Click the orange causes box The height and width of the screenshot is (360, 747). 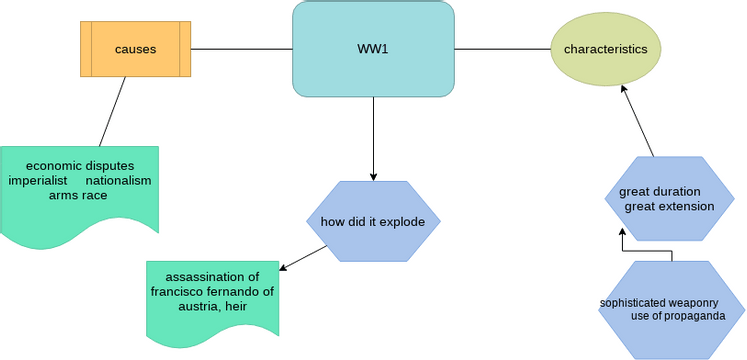coord(135,49)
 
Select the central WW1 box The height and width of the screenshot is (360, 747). coord(373,49)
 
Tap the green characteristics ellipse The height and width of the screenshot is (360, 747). coord(605,49)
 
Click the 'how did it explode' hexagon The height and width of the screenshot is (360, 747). coord(372,221)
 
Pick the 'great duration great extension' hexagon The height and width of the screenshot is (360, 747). coord(668,199)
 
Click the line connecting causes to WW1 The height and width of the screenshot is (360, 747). coord(241,49)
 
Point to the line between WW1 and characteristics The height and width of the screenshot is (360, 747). coord(502,49)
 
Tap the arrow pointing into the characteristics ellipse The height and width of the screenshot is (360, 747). coord(638,121)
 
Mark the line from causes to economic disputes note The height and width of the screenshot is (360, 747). coord(112,111)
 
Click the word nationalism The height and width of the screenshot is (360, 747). coord(118,180)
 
